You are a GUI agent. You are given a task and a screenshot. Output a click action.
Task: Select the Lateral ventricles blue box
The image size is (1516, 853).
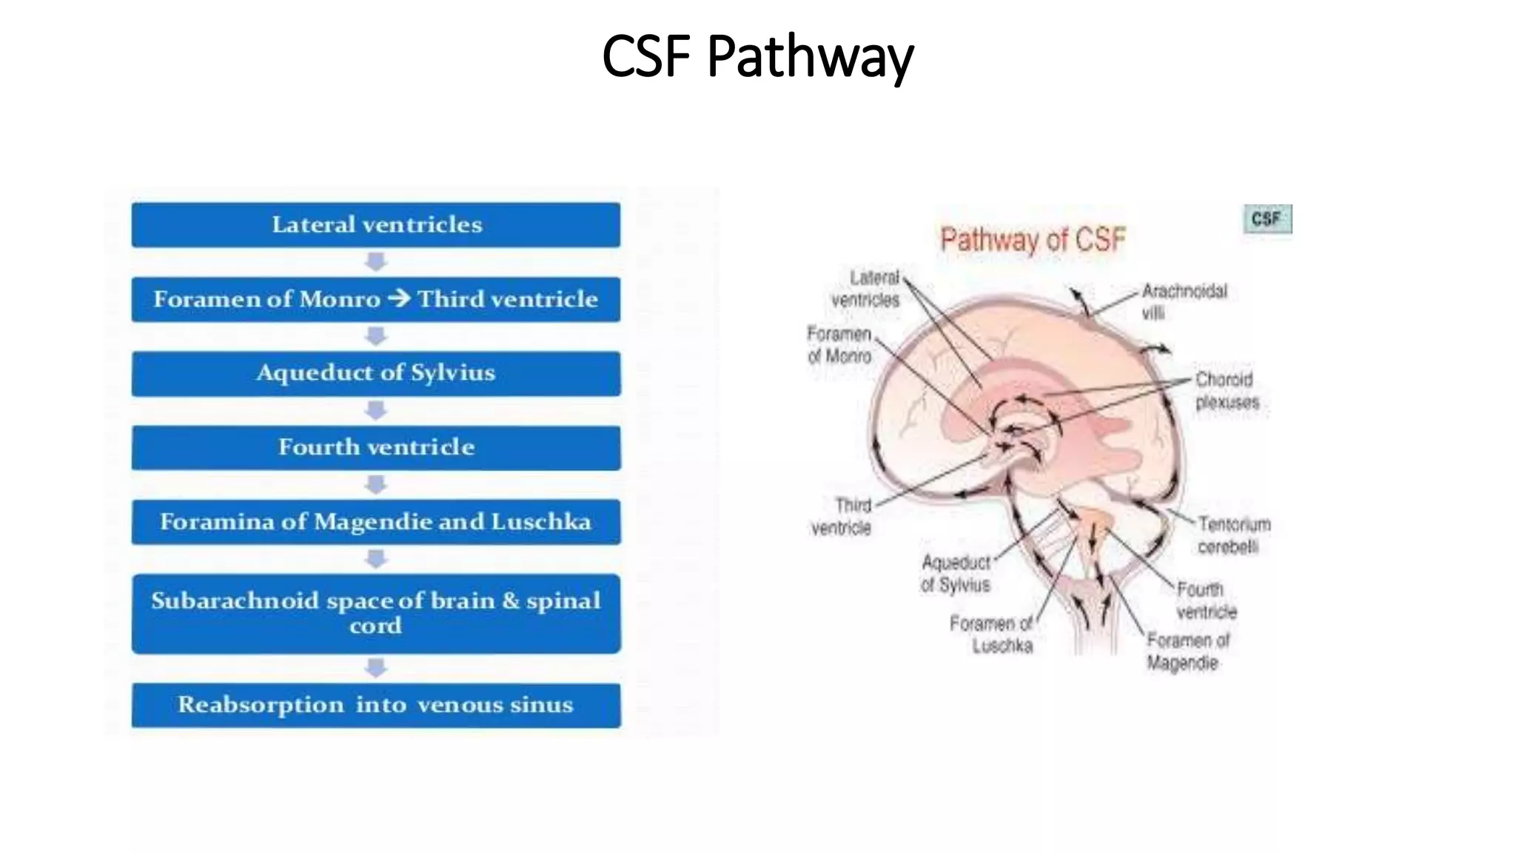tap(376, 224)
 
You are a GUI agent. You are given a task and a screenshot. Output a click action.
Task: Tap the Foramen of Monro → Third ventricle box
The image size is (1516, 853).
tap(376, 299)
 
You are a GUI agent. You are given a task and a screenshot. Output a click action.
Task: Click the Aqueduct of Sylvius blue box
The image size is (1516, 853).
tap(376, 373)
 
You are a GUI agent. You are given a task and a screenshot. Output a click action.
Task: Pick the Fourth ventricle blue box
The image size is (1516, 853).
tap(376, 447)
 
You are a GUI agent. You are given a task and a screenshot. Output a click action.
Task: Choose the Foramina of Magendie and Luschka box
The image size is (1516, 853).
tap(376, 522)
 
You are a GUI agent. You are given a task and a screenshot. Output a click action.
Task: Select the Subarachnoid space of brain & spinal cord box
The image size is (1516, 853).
tap(376, 613)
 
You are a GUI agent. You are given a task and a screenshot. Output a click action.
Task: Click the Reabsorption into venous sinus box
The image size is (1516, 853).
tap(376, 705)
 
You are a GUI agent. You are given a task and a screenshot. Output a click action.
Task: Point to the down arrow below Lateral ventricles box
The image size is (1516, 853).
tap(376, 261)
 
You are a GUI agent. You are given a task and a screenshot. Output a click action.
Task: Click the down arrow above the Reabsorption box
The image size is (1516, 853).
tap(376, 668)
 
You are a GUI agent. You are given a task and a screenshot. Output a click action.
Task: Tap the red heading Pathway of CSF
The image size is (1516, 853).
tap(1033, 240)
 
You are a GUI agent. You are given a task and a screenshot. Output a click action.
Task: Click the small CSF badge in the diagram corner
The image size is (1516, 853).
tap(1267, 219)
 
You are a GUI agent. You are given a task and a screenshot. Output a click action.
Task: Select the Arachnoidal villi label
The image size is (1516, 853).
tap(1183, 301)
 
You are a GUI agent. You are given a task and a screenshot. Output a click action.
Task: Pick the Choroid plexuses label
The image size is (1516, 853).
tap(1227, 390)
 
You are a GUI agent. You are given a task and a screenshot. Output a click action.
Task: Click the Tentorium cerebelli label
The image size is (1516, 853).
tap(1233, 535)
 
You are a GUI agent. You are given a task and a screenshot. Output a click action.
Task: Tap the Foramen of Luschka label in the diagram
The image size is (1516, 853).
tap(991, 635)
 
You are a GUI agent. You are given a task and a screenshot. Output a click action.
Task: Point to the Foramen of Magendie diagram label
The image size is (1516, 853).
tap(1187, 651)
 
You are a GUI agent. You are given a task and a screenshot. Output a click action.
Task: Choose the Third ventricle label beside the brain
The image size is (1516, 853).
tap(842, 516)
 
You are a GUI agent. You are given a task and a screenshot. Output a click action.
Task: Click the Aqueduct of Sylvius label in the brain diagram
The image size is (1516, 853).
tap(956, 574)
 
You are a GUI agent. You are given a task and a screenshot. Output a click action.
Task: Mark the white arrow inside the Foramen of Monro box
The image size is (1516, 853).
tap(398, 298)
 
